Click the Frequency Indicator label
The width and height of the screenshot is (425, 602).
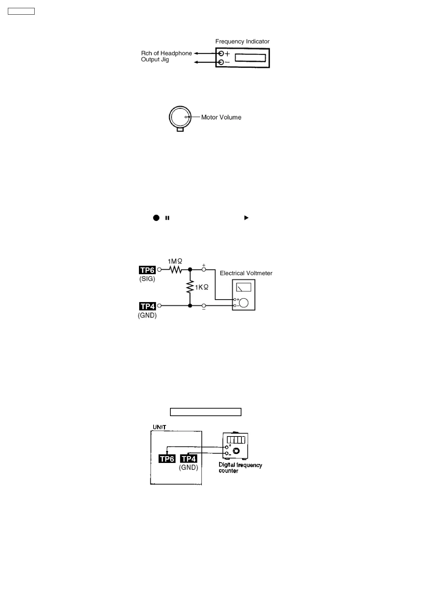[242, 41]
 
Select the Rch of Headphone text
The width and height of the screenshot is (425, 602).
[166, 53]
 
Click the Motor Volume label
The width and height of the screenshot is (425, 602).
[221, 117]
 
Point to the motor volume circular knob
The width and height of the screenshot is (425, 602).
[180, 117]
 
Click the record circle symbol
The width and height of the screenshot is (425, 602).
[156, 218]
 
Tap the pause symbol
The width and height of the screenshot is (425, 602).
[167, 218]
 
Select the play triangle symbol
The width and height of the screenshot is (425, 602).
[246, 218]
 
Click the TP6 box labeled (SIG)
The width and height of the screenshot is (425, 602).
[147, 270]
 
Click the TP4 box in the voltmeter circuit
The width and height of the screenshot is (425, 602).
[147, 306]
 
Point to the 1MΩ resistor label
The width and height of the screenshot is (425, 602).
[175, 261]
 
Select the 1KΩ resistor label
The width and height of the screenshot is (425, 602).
[201, 287]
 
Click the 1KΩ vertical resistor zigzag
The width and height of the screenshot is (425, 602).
[190, 287]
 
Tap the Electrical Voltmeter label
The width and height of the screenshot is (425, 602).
[246, 273]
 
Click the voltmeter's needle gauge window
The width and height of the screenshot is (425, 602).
[244, 287]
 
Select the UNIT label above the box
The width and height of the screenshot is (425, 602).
[159, 427]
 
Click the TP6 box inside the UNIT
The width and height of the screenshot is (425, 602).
[167, 459]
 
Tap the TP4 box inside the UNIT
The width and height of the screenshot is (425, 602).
[189, 459]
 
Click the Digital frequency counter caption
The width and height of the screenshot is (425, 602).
[240, 468]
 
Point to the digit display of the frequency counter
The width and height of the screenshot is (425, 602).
[236, 440]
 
